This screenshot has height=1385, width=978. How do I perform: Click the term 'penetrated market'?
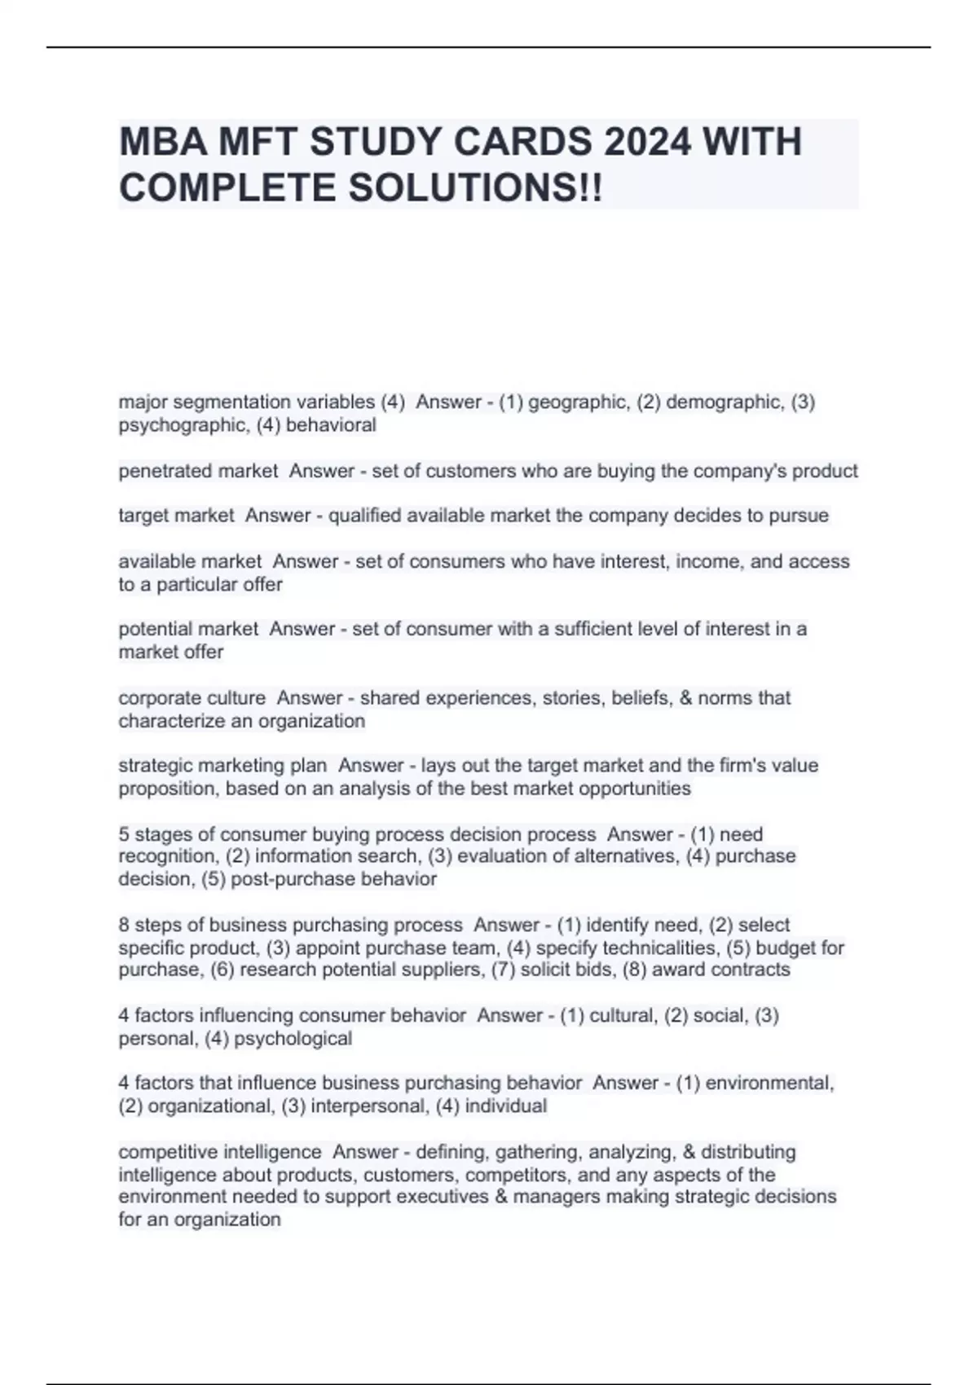(198, 471)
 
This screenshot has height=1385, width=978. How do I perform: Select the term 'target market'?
(176, 516)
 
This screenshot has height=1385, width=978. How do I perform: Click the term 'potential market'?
(188, 629)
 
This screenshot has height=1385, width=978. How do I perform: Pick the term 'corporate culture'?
(192, 698)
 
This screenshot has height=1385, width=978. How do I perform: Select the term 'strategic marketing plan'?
(222, 766)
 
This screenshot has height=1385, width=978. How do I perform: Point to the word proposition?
(167, 789)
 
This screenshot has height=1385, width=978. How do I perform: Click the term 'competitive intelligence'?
(220, 1152)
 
